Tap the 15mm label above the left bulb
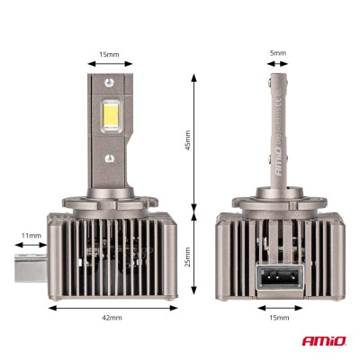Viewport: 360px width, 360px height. (110, 54)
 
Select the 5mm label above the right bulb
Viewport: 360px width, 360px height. (279, 54)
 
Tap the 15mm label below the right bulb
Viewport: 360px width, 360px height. (279, 318)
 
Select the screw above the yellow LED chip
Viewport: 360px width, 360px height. (112, 85)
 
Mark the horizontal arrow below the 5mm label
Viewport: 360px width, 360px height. (279, 64)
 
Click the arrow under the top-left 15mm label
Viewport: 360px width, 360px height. (110, 64)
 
